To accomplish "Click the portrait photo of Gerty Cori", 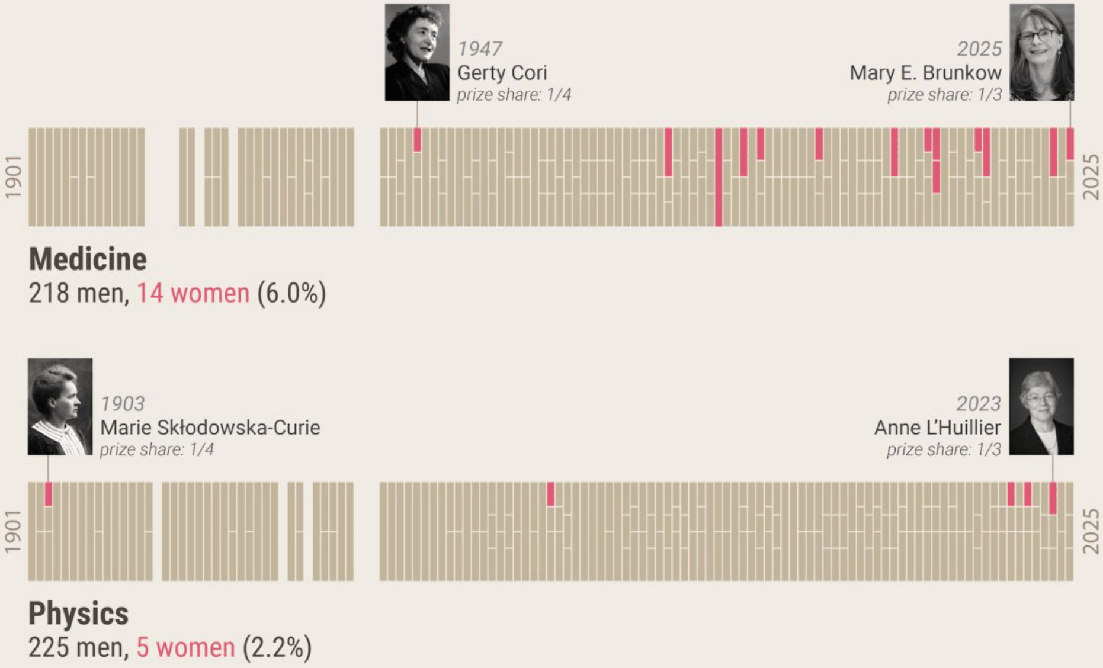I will coord(417,52).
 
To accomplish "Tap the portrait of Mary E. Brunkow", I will coord(1041,52).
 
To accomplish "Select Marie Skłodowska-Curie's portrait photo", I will coord(60,406).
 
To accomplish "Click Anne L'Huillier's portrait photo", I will coord(1041,406).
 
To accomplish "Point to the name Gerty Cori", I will coord(502,73).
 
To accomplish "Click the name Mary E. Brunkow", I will coord(925,73).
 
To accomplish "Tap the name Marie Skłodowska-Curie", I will coord(210,428).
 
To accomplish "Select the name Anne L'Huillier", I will coord(937,428).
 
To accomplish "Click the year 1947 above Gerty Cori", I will coord(480,49).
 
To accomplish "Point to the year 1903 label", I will coord(123,404).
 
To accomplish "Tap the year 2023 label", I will coord(979,404).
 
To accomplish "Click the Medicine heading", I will coord(88,259).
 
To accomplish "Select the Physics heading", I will coord(78,614).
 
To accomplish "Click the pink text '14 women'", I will coord(193,293).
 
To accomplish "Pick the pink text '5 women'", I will coord(185,647).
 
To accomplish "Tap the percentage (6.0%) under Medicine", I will coord(291,293).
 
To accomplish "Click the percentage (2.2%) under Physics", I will coord(277,647).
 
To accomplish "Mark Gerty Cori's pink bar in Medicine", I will coord(417,140).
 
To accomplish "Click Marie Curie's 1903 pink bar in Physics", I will coord(49,494).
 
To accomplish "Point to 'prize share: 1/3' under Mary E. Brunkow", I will coord(944,95).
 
